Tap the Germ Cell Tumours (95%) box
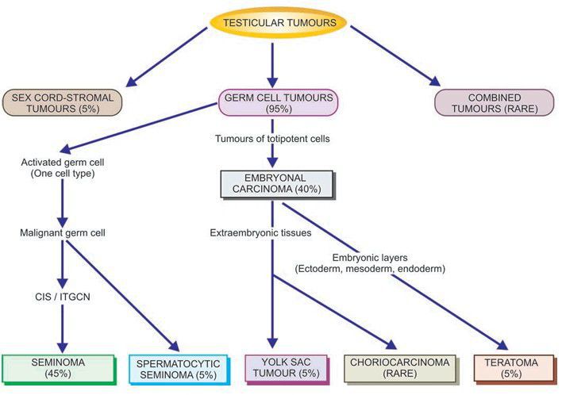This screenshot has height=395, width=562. pos(278,102)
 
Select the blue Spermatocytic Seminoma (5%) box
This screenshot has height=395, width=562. pos(177,370)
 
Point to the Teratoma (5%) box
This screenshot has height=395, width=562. pos(514,369)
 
